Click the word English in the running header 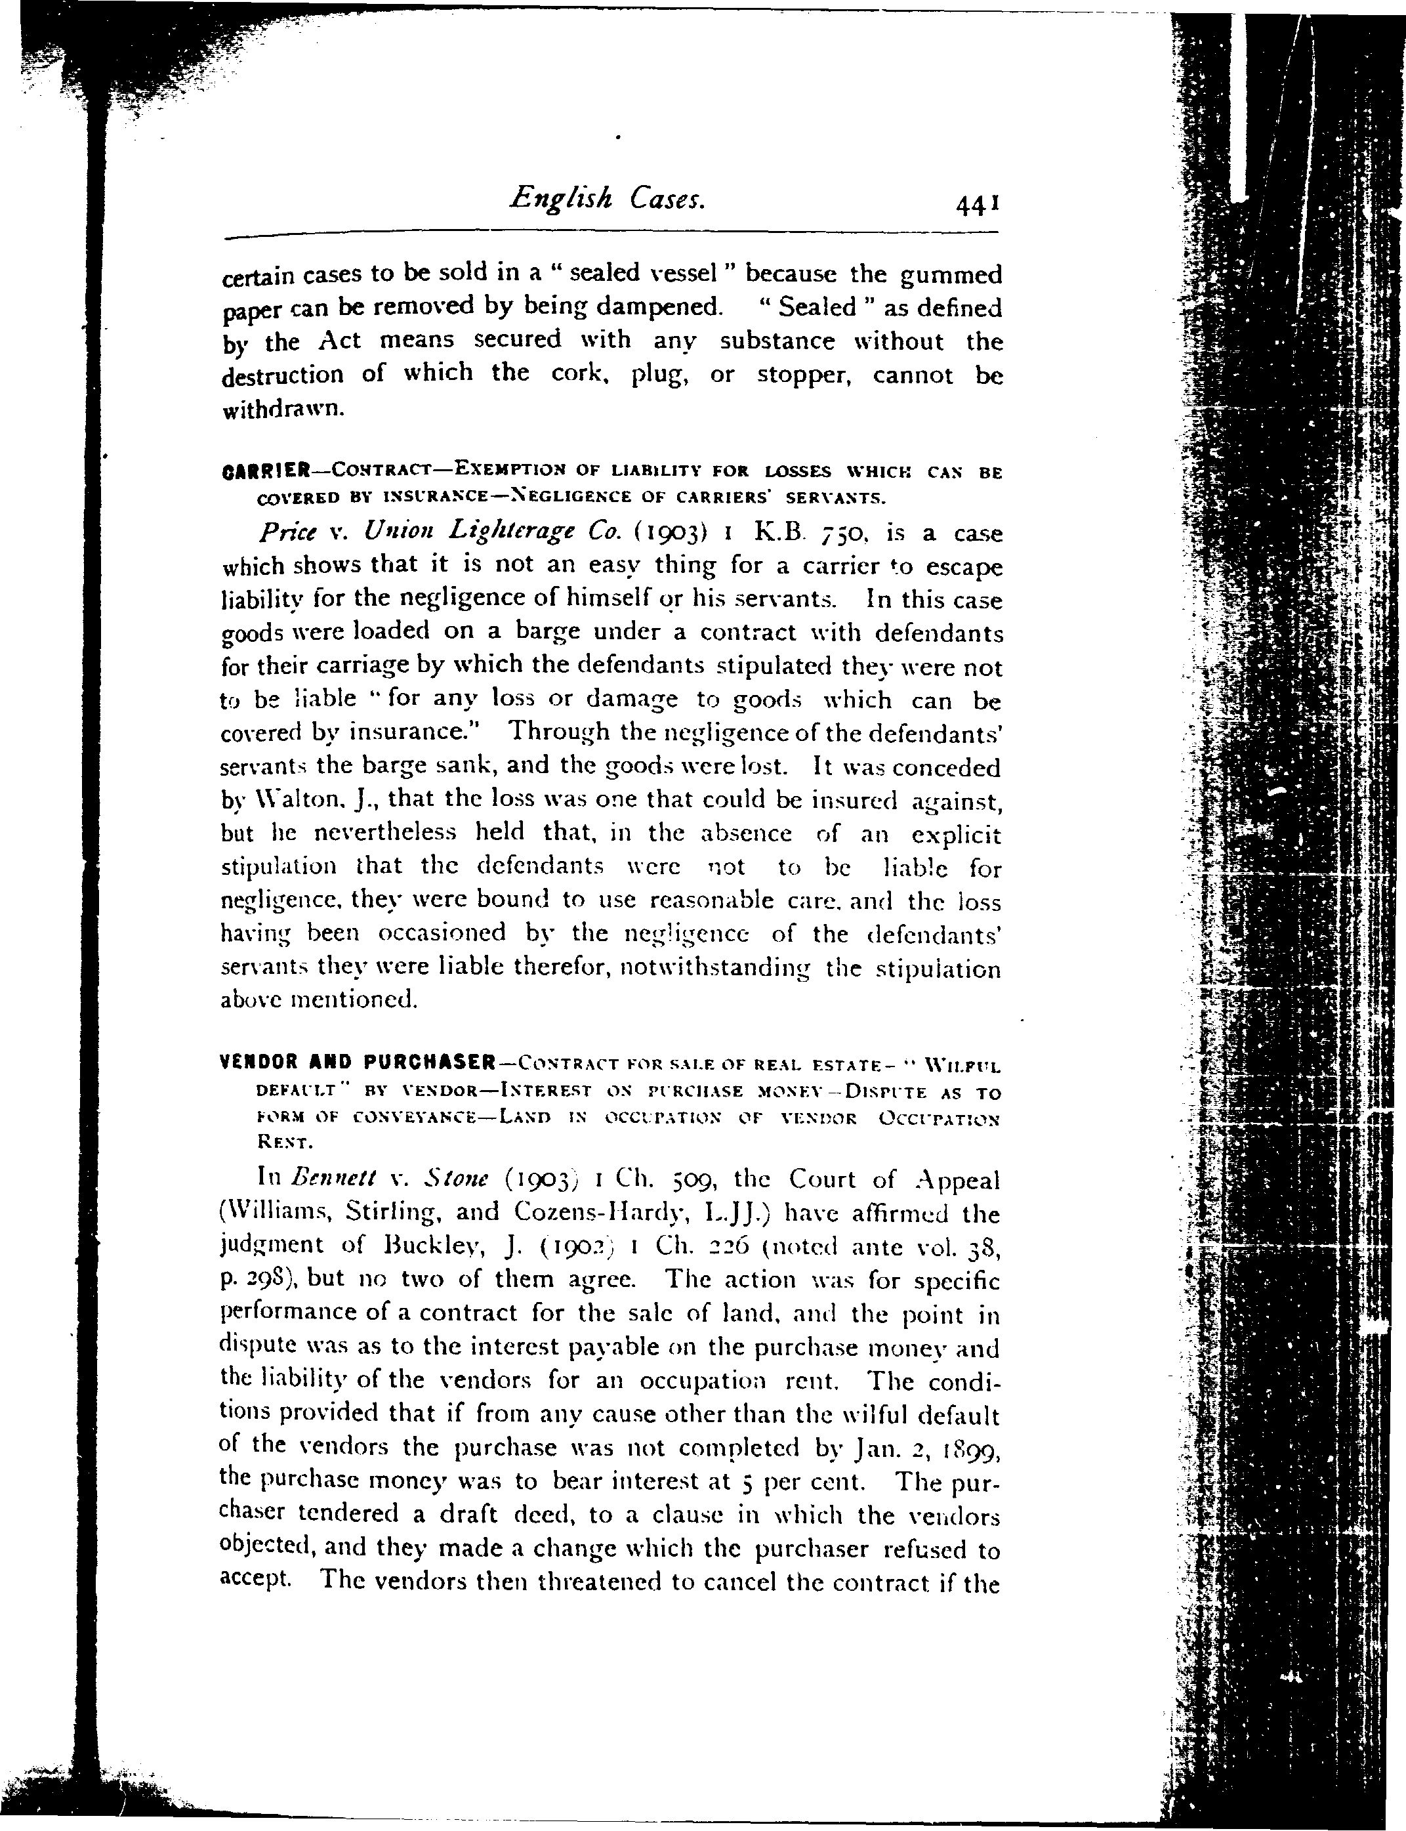click(x=562, y=200)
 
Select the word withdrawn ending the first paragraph click(x=283, y=410)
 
